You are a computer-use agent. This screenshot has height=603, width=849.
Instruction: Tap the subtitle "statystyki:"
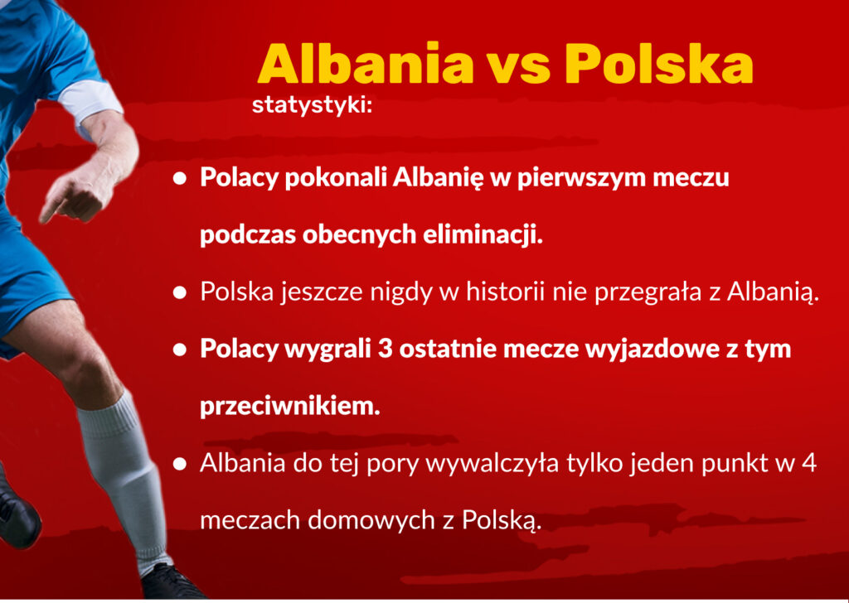(x=313, y=106)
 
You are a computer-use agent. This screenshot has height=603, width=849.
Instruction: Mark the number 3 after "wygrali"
(x=385, y=350)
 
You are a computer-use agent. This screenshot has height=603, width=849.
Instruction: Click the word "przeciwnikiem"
(x=289, y=406)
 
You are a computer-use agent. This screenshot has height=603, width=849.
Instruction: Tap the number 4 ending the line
(x=809, y=464)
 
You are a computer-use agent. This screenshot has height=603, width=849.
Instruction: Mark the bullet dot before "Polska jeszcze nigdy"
(x=180, y=292)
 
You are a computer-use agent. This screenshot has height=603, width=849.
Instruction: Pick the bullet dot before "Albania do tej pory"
(x=180, y=464)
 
